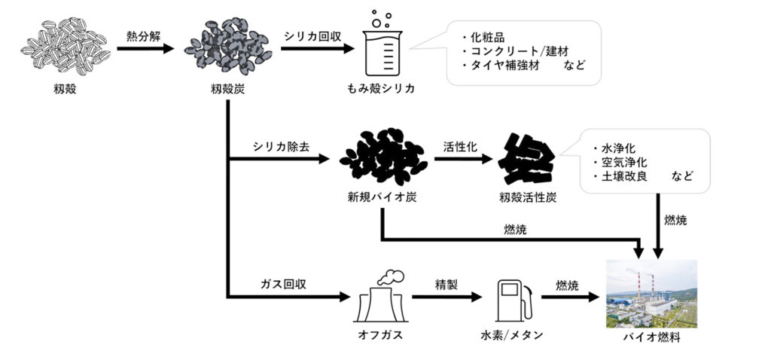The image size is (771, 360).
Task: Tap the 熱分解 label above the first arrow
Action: (x=142, y=35)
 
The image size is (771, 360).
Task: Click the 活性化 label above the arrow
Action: (x=460, y=146)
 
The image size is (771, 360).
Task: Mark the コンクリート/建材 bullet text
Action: (x=520, y=50)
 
